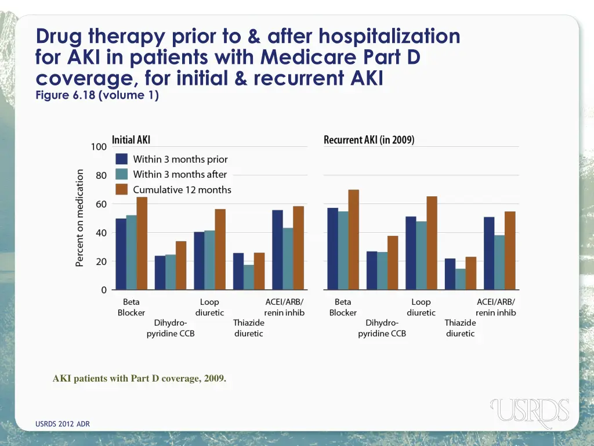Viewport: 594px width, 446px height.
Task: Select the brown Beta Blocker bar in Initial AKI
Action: (x=142, y=243)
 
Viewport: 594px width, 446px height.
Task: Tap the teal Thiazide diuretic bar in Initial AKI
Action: (x=249, y=277)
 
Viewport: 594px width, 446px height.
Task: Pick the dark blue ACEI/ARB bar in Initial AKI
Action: (x=277, y=250)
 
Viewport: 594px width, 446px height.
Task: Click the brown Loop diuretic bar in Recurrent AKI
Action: (x=432, y=243)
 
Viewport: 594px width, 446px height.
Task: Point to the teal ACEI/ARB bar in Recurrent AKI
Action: (x=499, y=262)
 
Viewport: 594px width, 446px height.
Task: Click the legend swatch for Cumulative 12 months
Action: (x=122, y=189)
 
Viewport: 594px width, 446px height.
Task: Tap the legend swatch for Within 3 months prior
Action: (x=122, y=159)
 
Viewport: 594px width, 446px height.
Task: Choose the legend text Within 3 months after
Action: (x=180, y=174)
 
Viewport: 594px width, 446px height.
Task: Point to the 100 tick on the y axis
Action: (x=99, y=147)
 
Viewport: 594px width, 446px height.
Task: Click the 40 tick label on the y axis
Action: (x=100, y=233)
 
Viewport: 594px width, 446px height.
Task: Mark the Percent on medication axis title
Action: (x=80, y=218)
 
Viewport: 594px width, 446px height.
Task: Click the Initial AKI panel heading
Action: (x=131, y=140)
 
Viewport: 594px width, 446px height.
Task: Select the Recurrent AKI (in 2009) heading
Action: (x=368, y=140)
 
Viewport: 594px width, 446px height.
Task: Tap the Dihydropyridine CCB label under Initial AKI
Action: (x=170, y=328)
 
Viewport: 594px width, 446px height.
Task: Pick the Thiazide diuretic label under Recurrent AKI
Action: (x=460, y=328)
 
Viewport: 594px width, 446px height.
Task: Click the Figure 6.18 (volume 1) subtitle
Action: (x=97, y=96)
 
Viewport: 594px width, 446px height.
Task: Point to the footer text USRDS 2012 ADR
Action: (x=63, y=424)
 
